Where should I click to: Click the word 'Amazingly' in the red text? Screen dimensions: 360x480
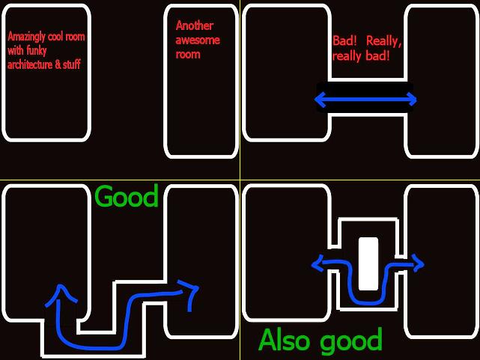(x=24, y=37)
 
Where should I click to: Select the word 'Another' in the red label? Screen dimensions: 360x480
(x=194, y=26)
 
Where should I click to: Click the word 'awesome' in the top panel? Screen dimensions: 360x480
(x=197, y=40)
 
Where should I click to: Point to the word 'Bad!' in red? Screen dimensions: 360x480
(x=345, y=42)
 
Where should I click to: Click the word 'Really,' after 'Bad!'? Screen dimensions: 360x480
(x=385, y=42)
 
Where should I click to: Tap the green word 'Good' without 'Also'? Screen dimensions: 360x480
(x=127, y=197)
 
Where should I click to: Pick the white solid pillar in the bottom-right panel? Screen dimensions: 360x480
(x=368, y=263)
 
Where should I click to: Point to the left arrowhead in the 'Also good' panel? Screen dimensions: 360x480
(x=318, y=263)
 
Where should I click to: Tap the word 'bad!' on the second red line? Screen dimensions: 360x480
(x=376, y=56)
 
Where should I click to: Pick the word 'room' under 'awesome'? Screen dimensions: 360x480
(x=188, y=54)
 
